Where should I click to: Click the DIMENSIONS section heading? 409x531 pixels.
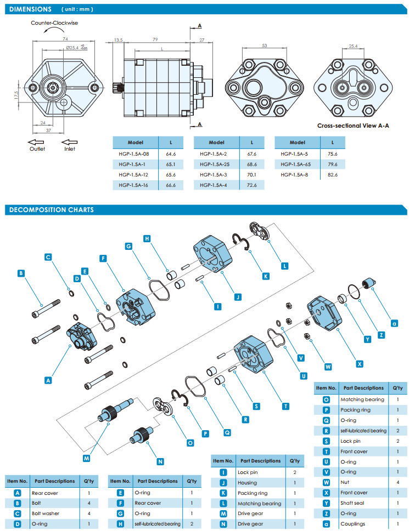click(x=31, y=9)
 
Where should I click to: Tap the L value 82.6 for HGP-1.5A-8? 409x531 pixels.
click(x=333, y=174)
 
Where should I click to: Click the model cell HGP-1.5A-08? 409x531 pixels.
click(x=135, y=154)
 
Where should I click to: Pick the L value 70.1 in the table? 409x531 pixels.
click(x=253, y=174)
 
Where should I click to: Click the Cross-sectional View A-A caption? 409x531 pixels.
click(x=352, y=125)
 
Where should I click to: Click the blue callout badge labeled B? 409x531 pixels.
click(x=21, y=273)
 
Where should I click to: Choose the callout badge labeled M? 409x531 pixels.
click(x=87, y=458)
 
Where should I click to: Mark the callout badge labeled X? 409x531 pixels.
click(x=360, y=363)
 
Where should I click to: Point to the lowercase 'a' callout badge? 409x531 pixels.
click(x=394, y=323)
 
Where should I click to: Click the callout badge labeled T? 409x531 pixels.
click(x=286, y=406)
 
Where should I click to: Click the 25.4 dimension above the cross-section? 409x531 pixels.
click(x=353, y=47)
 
